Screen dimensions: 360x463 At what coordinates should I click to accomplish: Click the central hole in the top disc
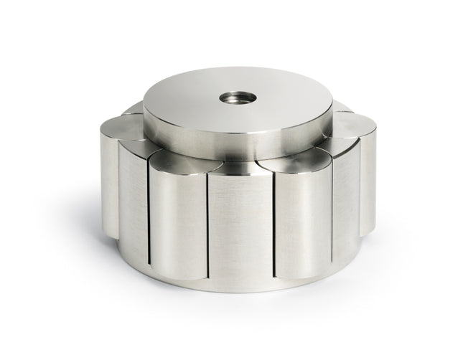(x=234, y=96)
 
